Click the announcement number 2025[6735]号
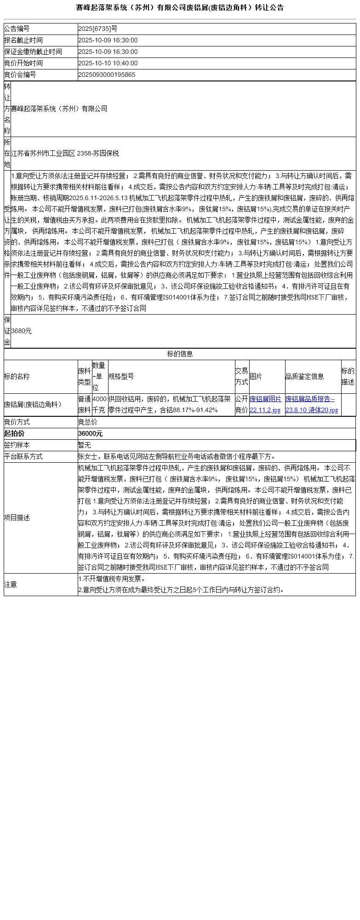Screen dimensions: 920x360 [98, 29]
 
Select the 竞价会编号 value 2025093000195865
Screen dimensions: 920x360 [107, 75]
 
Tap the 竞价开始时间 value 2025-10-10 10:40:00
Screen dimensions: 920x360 [108, 63]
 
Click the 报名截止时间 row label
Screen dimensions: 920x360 [23, 40]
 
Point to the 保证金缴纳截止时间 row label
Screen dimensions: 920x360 [33, 52]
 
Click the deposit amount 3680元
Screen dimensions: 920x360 [21, 331]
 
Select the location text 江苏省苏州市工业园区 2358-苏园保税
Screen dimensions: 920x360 [65, 154]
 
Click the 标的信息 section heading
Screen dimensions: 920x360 [180, 354]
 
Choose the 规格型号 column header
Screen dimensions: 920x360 [121, 376]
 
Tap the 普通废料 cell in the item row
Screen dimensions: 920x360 [85, 404]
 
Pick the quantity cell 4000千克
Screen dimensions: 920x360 [99, 404]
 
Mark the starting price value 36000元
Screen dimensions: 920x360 [91, 434]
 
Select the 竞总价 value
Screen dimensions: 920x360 [88, 422]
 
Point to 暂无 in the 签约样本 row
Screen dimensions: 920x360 [85, 445]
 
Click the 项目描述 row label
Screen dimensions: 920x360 [17, 518]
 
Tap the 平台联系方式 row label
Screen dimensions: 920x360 [23, 457]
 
